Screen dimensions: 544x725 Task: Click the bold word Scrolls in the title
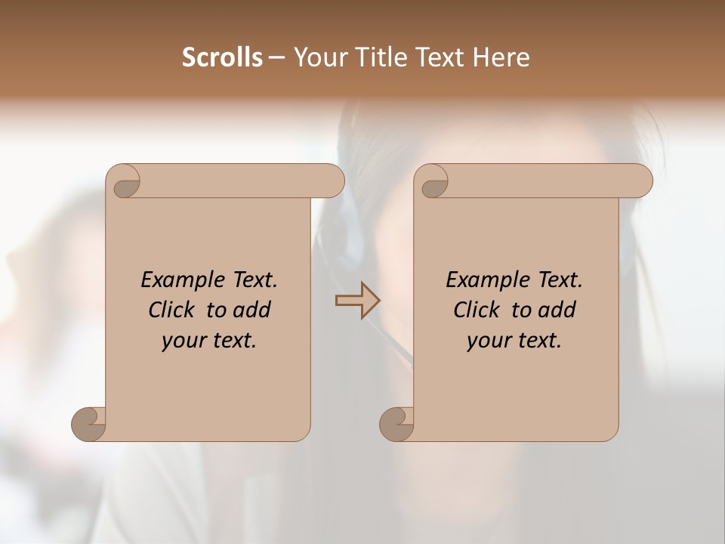[x=223, y=57]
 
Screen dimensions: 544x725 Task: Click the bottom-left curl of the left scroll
[x=88, y=423]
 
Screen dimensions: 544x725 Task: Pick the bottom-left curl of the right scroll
[x=396, y=423]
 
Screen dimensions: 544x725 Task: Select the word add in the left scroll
[x=251, y=310]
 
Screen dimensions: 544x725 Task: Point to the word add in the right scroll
[x=557, y=310]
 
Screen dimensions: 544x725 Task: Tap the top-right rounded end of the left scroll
[x=331, y=181]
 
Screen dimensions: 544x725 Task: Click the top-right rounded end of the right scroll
[x=639, y=181]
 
